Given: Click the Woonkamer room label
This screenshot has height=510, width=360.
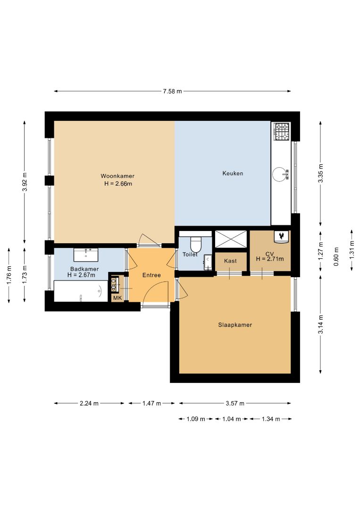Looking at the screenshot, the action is point(117,176).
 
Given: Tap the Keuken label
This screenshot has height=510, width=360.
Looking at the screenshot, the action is point(233,173).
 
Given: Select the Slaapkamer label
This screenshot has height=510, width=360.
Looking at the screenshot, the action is point(235,324).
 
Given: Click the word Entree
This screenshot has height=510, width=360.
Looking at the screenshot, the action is point(151,275).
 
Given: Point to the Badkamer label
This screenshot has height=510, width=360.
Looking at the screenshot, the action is point(84,269).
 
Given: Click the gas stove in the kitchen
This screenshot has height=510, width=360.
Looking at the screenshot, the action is point(281,131).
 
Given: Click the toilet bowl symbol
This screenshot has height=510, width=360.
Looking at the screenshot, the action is point(196,244).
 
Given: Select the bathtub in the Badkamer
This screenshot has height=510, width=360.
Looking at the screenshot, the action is point(81,291).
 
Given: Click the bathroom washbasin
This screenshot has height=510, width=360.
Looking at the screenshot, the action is point(86,255).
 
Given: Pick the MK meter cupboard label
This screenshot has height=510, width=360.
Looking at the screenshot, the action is point(117,298).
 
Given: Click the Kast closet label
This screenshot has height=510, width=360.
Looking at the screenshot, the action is point(230,261).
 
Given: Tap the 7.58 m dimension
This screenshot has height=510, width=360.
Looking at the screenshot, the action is point(172,92).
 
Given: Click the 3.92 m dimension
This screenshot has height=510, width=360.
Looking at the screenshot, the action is point(25,182).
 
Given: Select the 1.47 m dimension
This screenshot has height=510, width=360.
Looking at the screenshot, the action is point(152,403).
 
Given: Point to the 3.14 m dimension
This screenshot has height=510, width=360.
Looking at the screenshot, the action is point(321,324).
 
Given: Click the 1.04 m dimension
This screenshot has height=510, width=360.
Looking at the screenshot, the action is point(231,419).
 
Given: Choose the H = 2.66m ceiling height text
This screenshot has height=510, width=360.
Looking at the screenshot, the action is point(118,183).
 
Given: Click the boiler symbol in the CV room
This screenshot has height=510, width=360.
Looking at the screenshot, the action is point(281,237).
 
